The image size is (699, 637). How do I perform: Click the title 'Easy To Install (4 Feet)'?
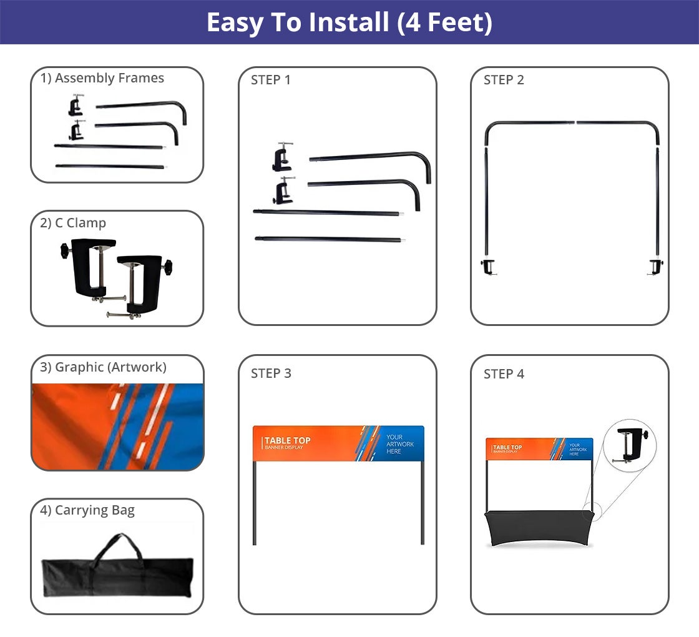coord(349,22)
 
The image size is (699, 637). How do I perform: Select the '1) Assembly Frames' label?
coord(102,78)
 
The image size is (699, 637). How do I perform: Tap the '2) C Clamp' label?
coord(73,223)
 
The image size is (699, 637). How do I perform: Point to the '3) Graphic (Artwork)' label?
coord(103,367)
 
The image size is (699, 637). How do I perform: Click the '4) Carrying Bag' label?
coord(87,510)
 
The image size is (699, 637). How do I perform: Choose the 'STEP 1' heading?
coord(271,80)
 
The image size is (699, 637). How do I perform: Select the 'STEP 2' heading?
coord(504,80)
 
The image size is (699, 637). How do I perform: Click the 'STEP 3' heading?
coord(271,373)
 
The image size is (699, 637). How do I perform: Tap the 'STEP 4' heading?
coord(504,374)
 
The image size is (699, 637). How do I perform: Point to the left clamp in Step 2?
coord(488,267)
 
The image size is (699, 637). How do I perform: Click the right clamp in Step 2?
coord(655,267)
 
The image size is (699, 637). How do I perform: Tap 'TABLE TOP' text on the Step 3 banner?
coord(287,441)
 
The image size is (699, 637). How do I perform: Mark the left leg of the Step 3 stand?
coord(255,503)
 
